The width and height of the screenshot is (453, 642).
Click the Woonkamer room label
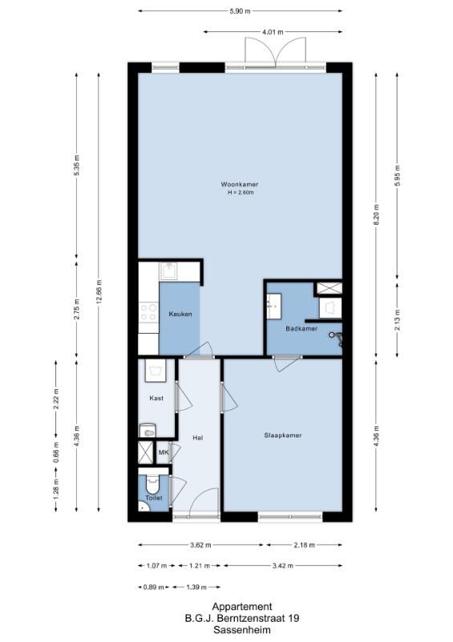click(x=240, y=185)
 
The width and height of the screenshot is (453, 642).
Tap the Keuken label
click(x=180, y=314)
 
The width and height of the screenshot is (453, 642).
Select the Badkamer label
click(x=301, y=328)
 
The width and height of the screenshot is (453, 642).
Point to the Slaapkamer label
click(x=283, y=435)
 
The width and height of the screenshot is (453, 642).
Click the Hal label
click(x=198, y=437)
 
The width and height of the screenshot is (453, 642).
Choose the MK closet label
click(x=164, y=453)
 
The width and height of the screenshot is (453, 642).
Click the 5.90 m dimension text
click(x=241, y=11)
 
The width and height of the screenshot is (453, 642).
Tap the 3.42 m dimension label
click(x=283, y=566)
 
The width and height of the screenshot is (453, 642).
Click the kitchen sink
click(x=168, y=271)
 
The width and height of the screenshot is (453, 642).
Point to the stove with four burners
click(x=148, y=312)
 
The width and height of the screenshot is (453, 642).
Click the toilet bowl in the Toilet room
click(x=152, y=484)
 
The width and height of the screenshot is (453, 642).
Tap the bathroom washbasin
click(x=273, y=306)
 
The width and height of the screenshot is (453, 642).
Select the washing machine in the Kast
click(x=156, y=371)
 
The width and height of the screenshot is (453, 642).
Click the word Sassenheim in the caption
click(x=242, y=630)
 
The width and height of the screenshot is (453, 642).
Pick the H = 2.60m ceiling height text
click(x=241, y=193)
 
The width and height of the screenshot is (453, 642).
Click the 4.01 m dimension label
click(x=273, y=32)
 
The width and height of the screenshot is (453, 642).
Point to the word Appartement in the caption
click(x=242, y=607)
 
